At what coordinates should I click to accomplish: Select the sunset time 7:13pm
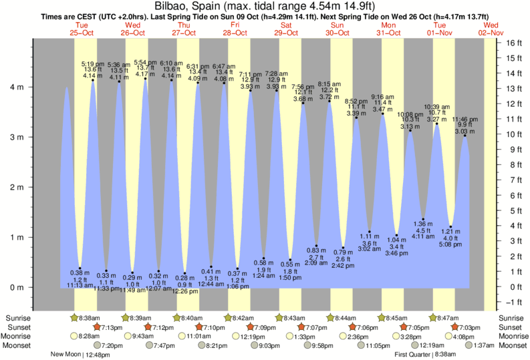click(112, 327)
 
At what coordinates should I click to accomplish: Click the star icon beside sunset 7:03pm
click(455, 327)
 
